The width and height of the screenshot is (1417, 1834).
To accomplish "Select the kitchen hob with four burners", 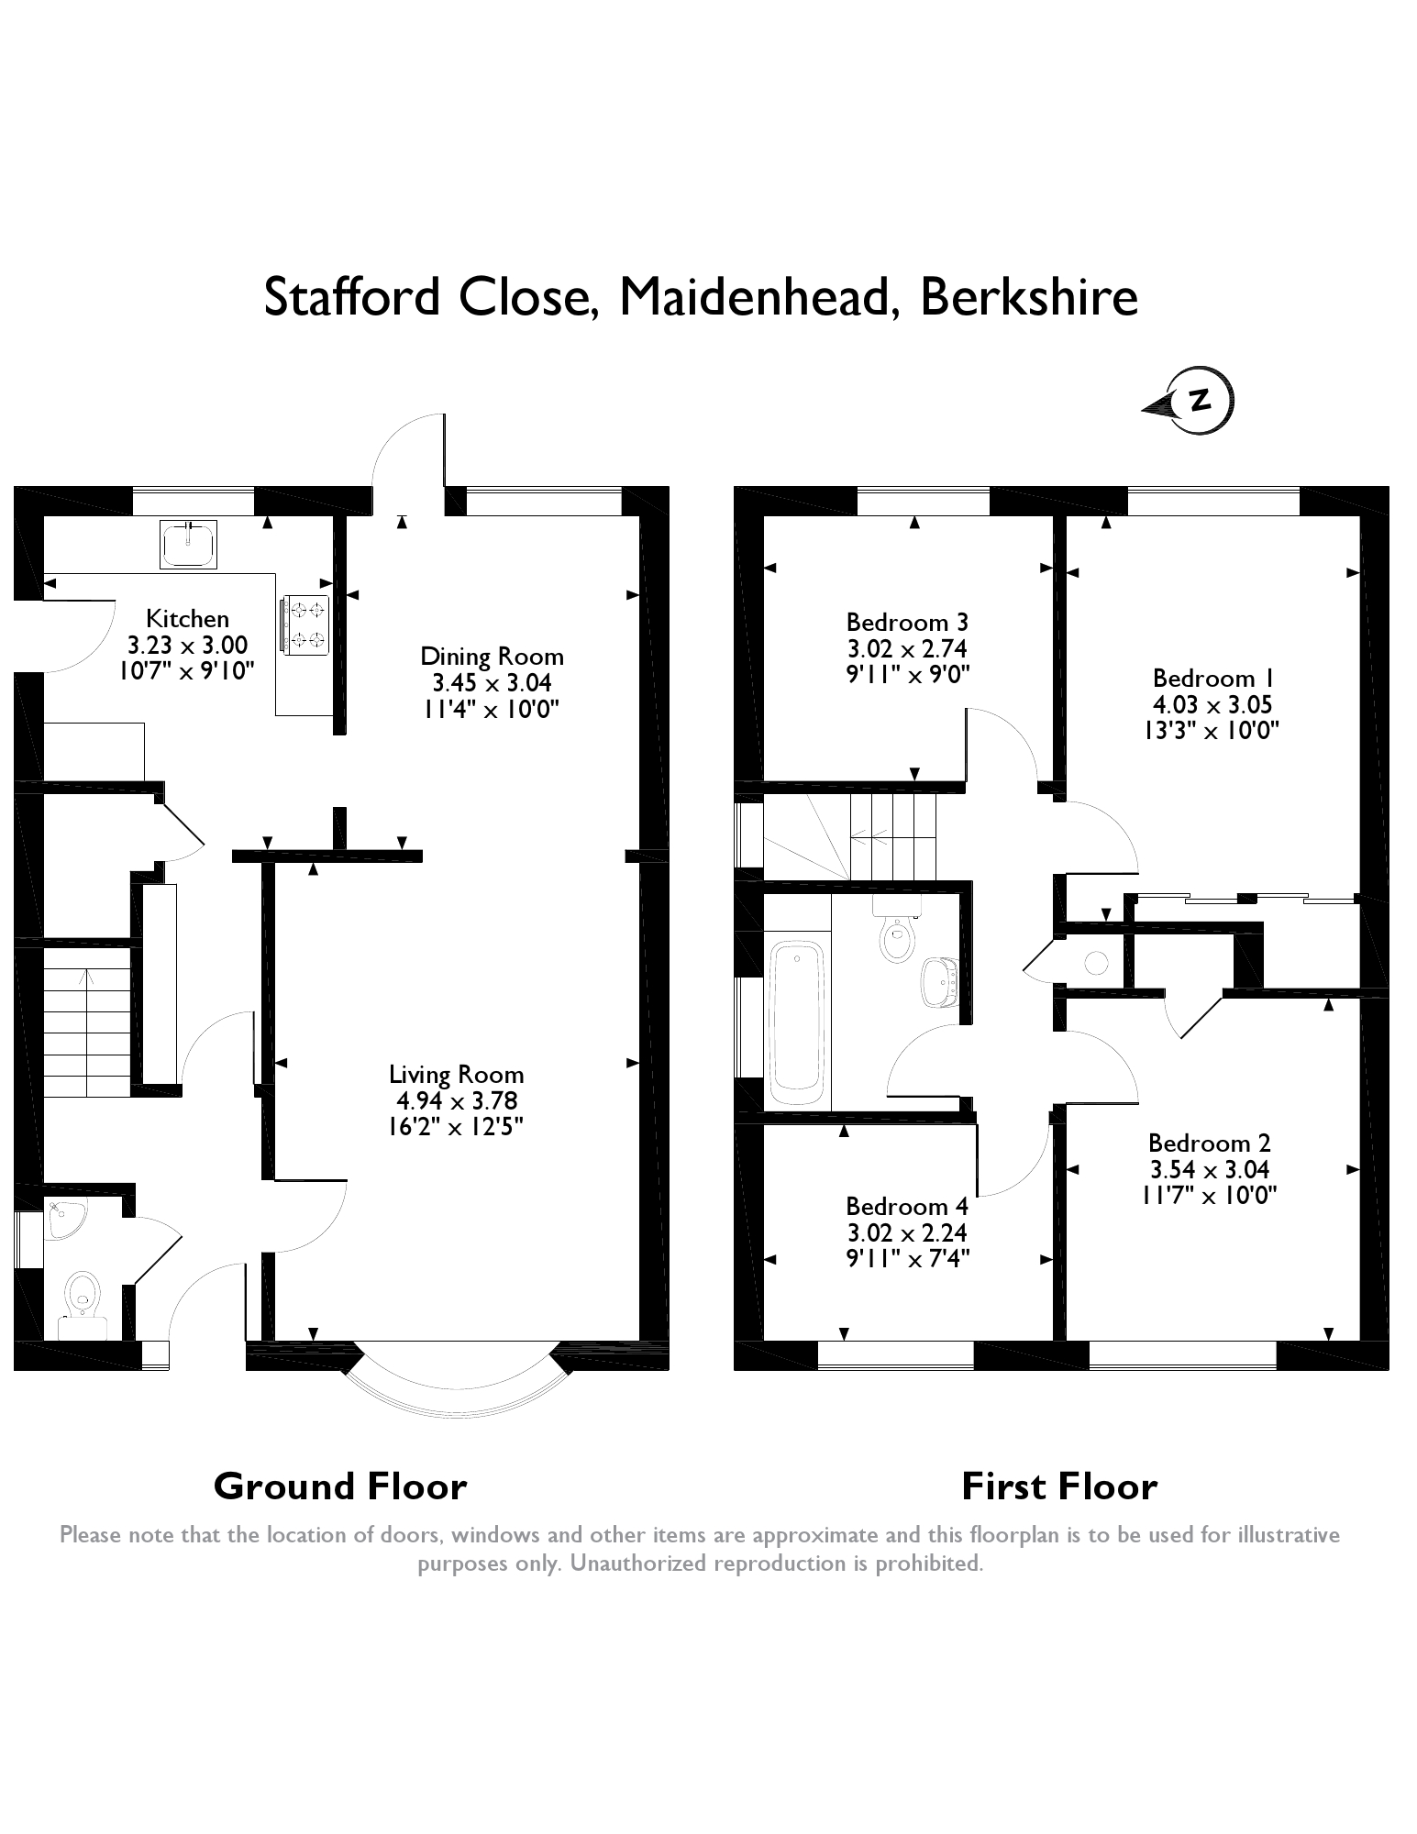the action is (x=306, y=625).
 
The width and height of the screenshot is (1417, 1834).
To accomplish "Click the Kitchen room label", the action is (x=187, y=618).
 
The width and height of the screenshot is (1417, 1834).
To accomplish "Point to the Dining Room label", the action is (x=492, y=657).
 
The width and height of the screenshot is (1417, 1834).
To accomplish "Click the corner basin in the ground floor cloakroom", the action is (x=62, y=1219).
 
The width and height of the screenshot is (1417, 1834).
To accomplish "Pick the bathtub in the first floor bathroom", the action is (x=795, y=1022).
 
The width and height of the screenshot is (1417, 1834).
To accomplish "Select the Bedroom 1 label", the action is (x=1213, y=679).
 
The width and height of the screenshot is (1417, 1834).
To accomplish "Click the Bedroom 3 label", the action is (x=907, y=623).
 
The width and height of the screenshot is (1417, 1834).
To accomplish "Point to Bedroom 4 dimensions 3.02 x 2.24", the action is (x=907, y=1232).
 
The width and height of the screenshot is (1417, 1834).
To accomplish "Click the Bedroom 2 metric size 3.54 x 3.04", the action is (x=1210, y=1169).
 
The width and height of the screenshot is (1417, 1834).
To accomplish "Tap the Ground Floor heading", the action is (x=340, y=1486).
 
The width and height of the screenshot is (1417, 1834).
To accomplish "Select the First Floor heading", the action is (x=1059, y=1486).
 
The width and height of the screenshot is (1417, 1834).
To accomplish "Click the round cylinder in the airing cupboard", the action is (x=1097, y=963).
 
